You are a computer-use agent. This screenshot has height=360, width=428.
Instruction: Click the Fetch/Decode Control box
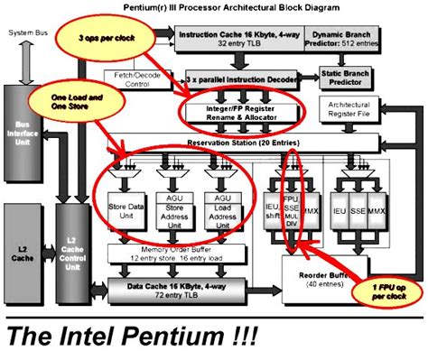tap(137, 80)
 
